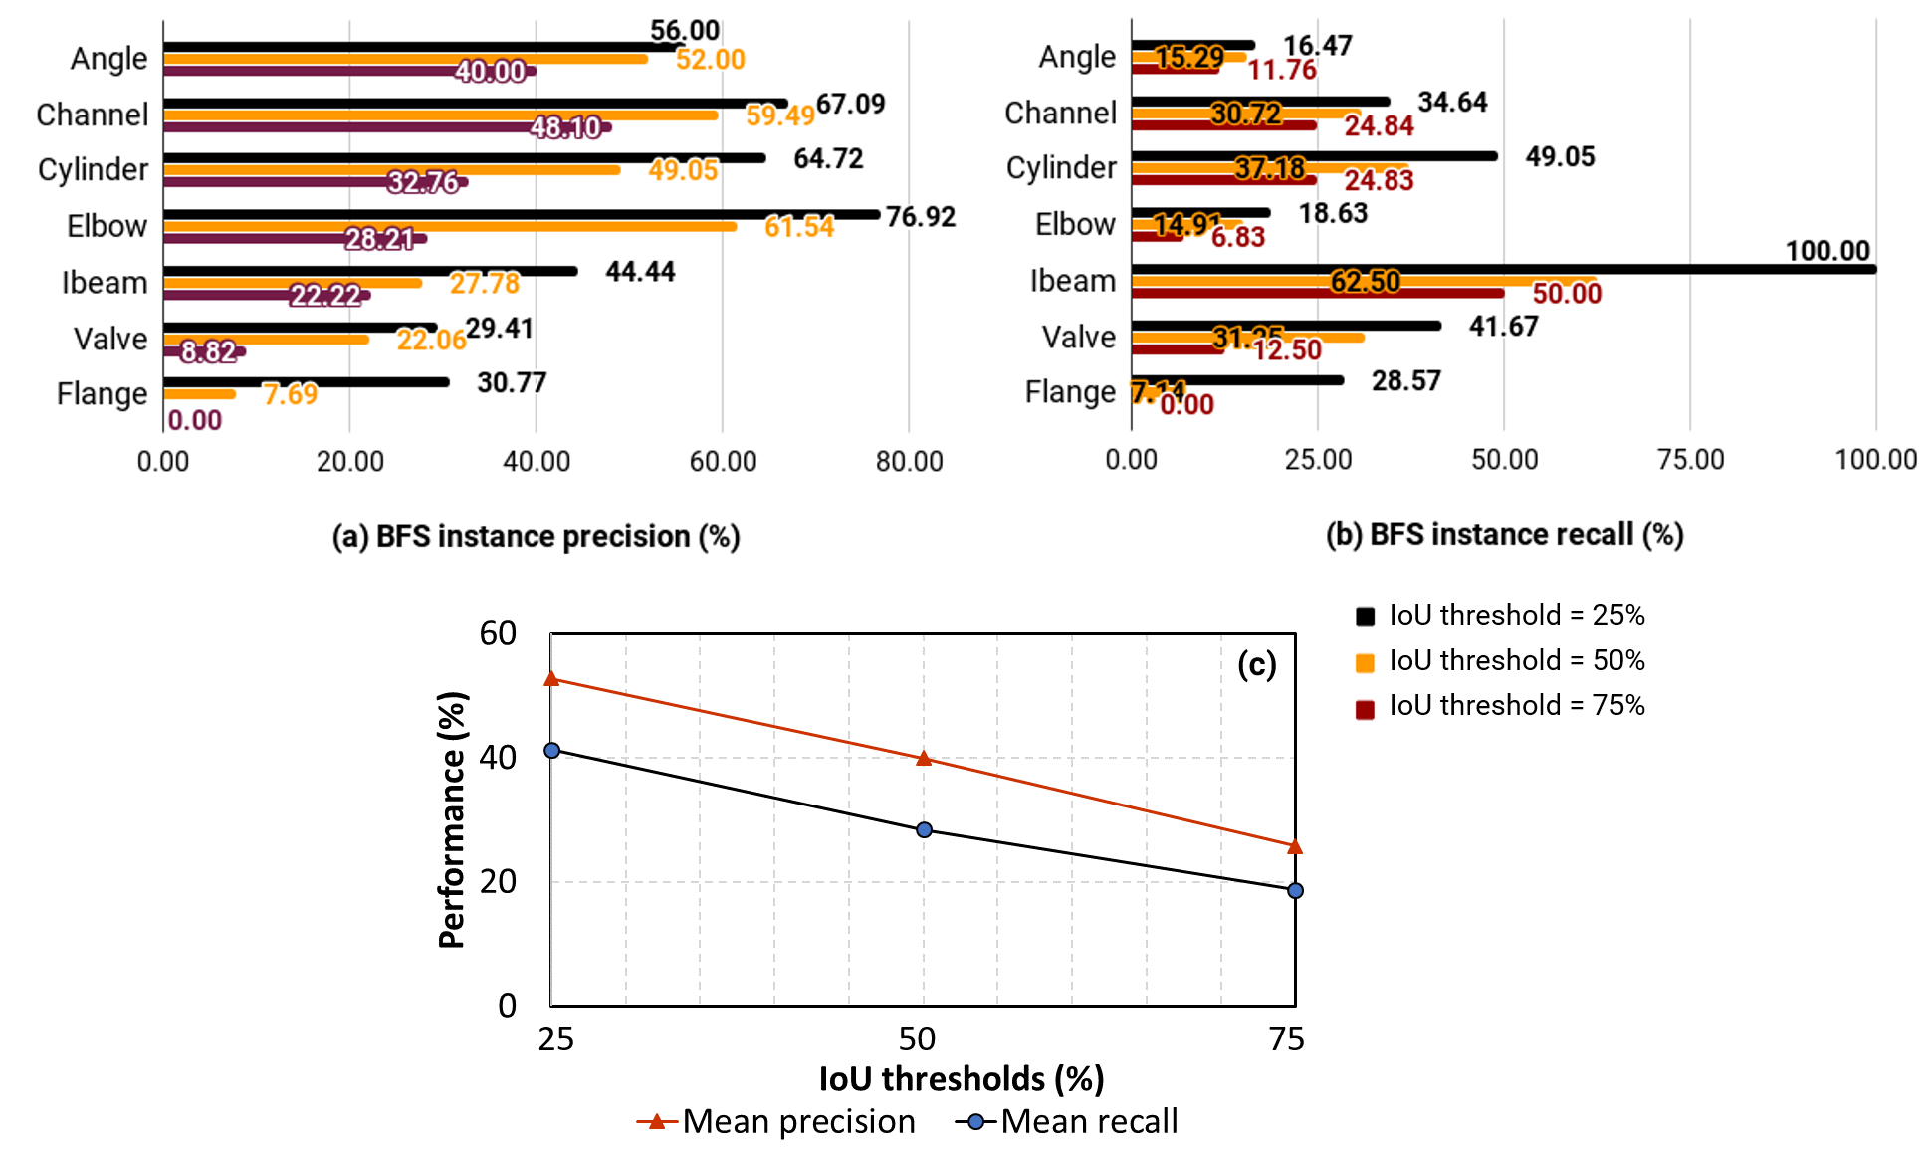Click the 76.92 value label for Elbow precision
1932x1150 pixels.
pyautogui.click(x=920, y=216)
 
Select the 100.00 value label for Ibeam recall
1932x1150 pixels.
pyautogui.click(x=1827, y=250)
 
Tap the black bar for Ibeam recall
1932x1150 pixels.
pyautogui.click(x=1503, y=269)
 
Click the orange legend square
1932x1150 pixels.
pyautogui.click(x=1365, y=663)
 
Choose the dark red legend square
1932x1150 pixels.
pyautogui.click(x=1365, y=710)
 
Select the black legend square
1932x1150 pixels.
pyautogui.click(x=1365, y=617)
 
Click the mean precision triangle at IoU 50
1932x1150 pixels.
pyautogui.click(x=924, y=759)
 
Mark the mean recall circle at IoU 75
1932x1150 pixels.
pyautogui.click(x=1295, y=890)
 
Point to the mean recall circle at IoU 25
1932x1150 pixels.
pyautogui.click(x=551, y=750)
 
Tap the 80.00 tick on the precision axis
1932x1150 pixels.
pyautogui.click(x=909, y=461)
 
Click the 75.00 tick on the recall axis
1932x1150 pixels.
pyautogui.click(x=1690, y=459)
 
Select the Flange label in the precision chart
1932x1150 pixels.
pyautogui.click(x=102, y=394)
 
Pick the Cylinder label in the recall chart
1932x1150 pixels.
pyautogui.click(x=1061, y=167)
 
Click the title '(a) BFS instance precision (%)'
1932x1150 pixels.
pyautogui.click(x=536, y=536)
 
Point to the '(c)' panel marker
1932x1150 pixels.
pyautogui.click(x=1256, y=664)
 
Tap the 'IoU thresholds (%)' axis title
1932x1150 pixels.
pyautogui.click(x=961, y=1078)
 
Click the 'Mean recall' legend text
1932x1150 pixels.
pyautogui.click(x=1089, y=1121)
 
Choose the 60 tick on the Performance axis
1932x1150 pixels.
pyautogui.click(x=498, y=633)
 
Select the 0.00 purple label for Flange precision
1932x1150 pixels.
pyautogui.click(x=194, y=420)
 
